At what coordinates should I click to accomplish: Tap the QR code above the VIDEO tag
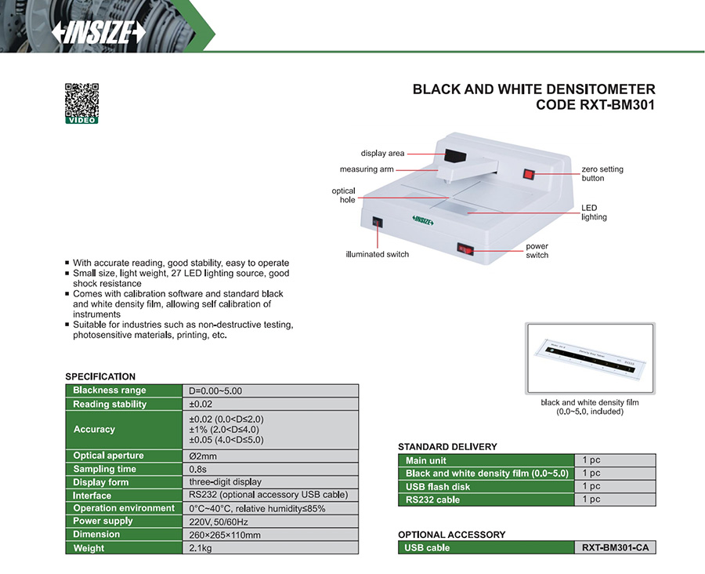[x=81, y=99]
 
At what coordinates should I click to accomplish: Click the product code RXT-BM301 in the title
[x=595, y=105]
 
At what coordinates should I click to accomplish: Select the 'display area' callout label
[x=382, y=153]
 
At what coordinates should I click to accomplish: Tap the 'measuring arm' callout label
[x=367, y=169]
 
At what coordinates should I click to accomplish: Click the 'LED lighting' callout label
[x=594, y=213]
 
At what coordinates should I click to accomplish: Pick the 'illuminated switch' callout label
[x=378, y=254]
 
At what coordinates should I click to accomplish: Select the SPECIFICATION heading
[x=100, y=376]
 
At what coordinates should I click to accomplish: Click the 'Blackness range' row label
[x=110, y=391]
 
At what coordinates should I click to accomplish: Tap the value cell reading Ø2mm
[x=203, y=456]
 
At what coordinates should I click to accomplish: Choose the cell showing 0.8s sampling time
[x=197, y=469]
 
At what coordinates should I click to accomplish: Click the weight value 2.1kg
[x=201, y=548]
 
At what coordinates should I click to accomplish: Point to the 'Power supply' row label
[x=103, y=521]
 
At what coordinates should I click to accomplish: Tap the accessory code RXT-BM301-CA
[x=615, y=547]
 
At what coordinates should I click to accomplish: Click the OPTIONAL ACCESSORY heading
[x=452, y=535]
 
